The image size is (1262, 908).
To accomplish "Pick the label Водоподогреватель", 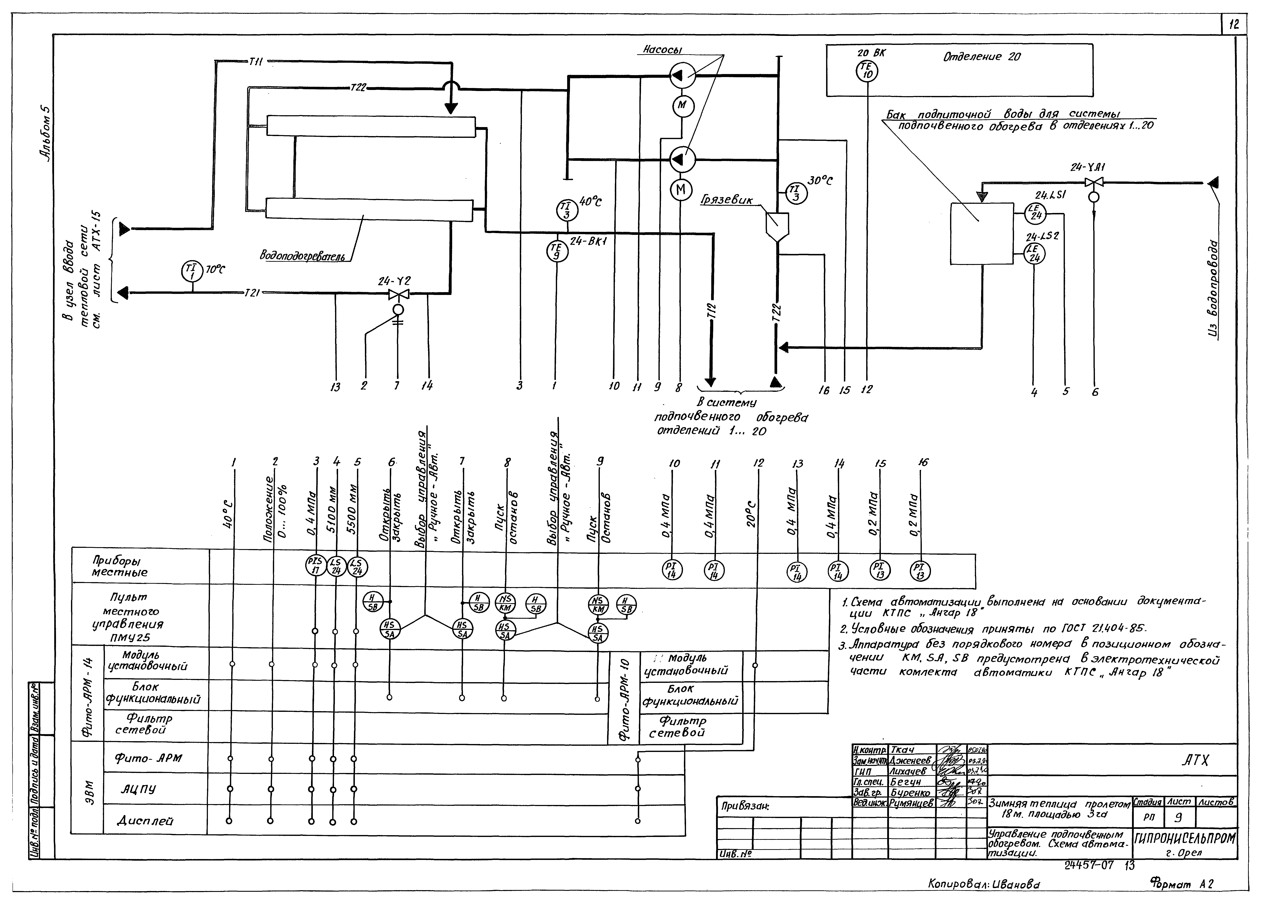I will (302, 256).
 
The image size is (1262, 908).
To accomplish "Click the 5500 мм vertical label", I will (352, 512).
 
